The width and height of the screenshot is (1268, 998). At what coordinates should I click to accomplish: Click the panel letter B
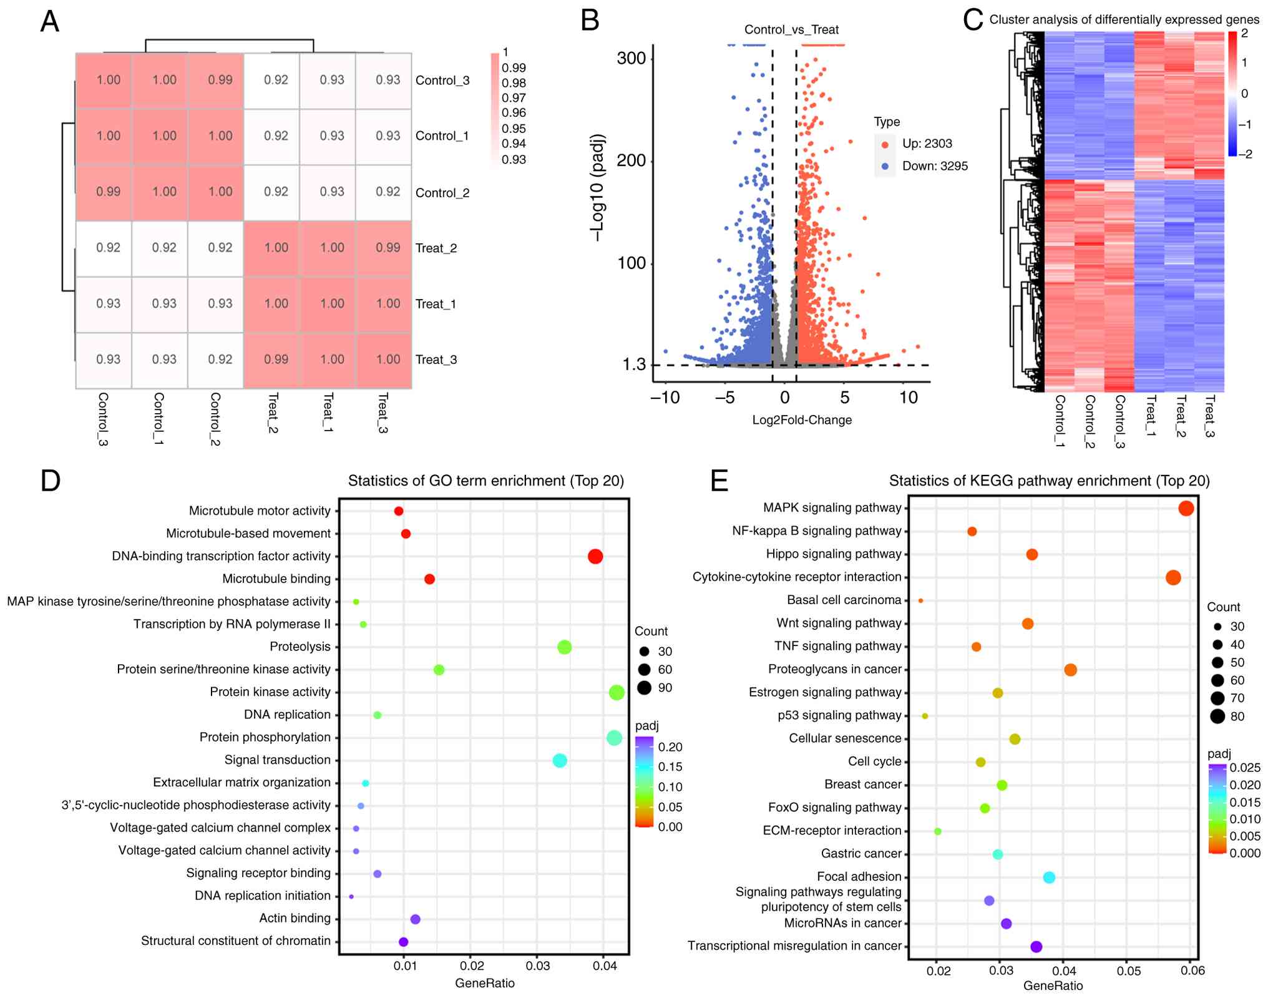pyautogui.click(x=590, y=20)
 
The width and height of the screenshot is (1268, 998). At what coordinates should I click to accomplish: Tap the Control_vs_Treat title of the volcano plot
pyautogui.click(x=791, y=29)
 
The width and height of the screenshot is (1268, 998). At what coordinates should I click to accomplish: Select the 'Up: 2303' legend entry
pyautogui.click(x=927, y=144)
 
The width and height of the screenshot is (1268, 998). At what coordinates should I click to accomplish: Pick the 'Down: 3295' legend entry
pyautogui.click(x=934, y=166)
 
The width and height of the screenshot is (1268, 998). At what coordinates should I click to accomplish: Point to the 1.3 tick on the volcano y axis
pyautogui.click(x=634, y=364)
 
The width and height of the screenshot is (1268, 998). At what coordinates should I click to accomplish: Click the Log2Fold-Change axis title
pyautogui.click(x=802, y=420)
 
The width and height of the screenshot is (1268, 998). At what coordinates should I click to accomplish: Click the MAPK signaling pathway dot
pyautogui.click(x=1186, y=509)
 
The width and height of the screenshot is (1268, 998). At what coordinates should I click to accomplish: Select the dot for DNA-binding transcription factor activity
pyautogui.click(x=595, y=556)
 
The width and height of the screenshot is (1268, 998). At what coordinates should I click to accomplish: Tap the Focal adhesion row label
pyautogui.click(x=859, y=876)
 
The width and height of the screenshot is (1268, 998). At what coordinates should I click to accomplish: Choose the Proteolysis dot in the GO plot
pyautogui.click(x=564, y=647)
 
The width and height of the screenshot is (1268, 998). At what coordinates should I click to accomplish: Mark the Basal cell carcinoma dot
pyautogui.click(x=921, y=600)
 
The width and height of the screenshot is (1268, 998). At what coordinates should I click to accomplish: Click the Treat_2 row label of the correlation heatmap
pyautogui.click(x=436, y=248)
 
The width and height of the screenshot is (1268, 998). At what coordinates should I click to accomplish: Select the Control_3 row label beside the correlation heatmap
pyautogui.click(x=442, y=81)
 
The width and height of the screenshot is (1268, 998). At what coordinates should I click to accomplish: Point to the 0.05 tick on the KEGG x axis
pyautogui.click(x=1128, y=971)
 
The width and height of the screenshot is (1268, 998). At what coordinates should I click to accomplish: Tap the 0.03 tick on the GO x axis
pyautogui.click(x=538, y=966)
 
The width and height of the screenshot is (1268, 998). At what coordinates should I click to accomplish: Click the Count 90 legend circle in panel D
pyautogui.click(x=645, y=688)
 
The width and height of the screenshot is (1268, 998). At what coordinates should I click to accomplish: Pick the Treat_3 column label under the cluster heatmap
pyautogui.click(x=1210, y=416)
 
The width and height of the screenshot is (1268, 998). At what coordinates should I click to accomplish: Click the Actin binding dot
pyautogui.click(x=416, y=919)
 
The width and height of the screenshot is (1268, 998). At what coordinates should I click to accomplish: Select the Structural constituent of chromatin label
pyautogui.click(x=235, y=941)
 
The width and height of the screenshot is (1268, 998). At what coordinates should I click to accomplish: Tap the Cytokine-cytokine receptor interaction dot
pyautogui.click(x=1173, y=577)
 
